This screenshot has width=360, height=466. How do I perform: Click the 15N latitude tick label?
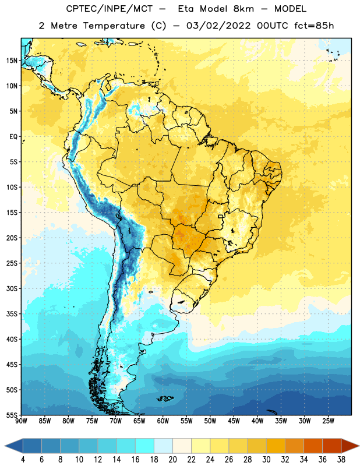pos(12,61)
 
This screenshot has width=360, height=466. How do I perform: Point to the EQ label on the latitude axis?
pos(13,137)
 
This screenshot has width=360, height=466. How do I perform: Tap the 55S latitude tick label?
pos(12,415)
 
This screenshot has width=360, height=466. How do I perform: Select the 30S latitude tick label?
pos(12,288)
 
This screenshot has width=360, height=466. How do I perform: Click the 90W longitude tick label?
pos(21,421)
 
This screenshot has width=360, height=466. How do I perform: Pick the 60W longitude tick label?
pos(163,421)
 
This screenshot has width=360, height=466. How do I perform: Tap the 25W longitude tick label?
pos(328,421)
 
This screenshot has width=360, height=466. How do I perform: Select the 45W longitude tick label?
pos(234,421)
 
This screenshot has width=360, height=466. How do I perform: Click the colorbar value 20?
pos(172,460)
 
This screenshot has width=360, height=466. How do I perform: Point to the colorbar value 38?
pos(341,460)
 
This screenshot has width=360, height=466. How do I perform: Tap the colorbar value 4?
pos(23,460)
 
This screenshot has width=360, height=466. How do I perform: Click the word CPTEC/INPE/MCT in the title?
pos(109,9)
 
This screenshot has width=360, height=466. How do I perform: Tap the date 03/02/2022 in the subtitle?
pos(218,26)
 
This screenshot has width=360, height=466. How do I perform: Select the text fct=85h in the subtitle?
pos(314,26)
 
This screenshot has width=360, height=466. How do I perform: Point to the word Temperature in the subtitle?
pos(114,26)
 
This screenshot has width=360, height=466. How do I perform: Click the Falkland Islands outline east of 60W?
pos(165,398)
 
